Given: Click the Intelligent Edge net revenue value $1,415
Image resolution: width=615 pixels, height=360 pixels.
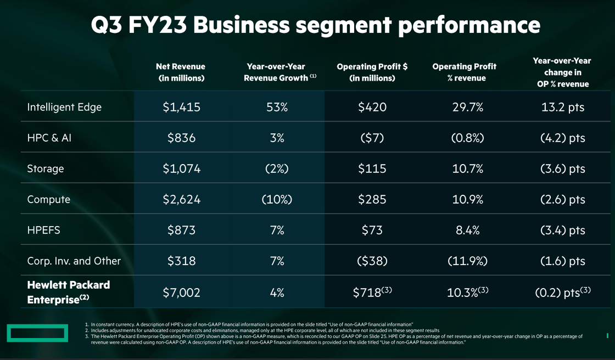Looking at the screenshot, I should pyautogui.click(x=181, y=107).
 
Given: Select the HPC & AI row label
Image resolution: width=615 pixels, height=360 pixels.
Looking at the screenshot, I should pyautogui.click(x=49, y=138).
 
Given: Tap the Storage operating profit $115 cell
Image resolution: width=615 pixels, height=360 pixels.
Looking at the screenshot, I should pyautogui.click(x=372, y=168).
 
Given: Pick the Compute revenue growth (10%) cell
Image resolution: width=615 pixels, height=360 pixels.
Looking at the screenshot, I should pyautogui.click(x=277, y=199).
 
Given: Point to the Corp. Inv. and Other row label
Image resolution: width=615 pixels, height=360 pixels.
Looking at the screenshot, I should pyautogui.click(x=74, y=261).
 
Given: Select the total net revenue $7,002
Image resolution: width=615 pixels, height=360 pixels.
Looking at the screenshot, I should pyautogui.click(x=181, y=292).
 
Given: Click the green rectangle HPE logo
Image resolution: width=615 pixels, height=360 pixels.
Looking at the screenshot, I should pyautogui.click(x=37, y=333).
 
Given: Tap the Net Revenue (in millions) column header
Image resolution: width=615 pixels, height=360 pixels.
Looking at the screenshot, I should pyautogui.click(x=181, y=72).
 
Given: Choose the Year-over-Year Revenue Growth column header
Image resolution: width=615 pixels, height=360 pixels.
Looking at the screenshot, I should pyautogui.click(x=277, y=72).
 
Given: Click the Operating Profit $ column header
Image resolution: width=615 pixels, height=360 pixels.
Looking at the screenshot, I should pyautogui.click(x=372, y=72).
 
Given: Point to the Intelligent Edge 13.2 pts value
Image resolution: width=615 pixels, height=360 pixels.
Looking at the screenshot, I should pyautogui.click(x=563, y=107).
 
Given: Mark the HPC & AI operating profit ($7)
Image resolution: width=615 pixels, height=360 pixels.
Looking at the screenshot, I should pyautogui.click(x=372, y=138).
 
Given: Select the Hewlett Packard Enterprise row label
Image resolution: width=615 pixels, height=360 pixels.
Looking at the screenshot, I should pyautogui.click(x=69, y=292).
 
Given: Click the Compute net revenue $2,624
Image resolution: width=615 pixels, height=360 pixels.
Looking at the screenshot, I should pyautogui.click(x=181, y=199).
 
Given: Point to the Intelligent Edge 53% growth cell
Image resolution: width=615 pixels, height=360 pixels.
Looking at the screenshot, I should pyautogui.click(x=277, y=107).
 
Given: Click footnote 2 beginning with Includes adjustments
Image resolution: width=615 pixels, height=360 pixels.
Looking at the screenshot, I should pyautogui.click(x=264, y=330).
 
